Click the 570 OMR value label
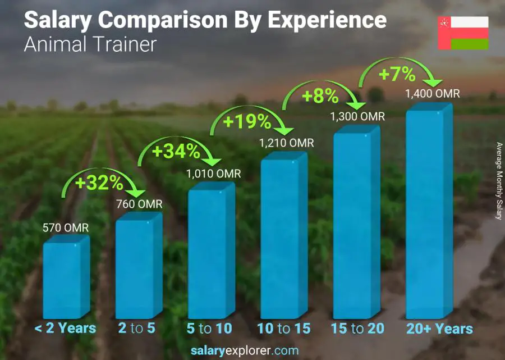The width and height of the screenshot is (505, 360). pyautogui.click(x=66, y=228)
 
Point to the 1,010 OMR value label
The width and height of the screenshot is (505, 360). pyautogui.click(x=214, y=174)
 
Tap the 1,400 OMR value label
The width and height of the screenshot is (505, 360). pyautogui.click(x=433, y=93)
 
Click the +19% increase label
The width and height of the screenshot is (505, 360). pyautogui.click(x=248, y=121)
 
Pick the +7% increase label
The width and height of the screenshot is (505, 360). pyautogui.click(x=397, y=74)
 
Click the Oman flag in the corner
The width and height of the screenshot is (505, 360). pyautogui.click(x=463, y=33)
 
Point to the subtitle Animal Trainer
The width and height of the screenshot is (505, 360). pyautogui.click(x=90, y=44)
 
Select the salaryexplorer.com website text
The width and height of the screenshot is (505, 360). pyautogui.click(x=245, y=351)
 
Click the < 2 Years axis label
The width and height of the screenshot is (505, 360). pyautogui.click(x=66, y=329)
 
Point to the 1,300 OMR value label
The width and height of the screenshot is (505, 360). pyautogui.click(x=358, y=116)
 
